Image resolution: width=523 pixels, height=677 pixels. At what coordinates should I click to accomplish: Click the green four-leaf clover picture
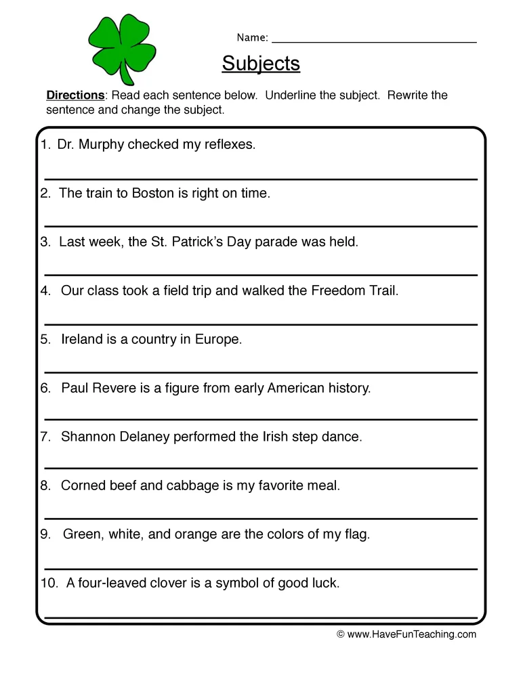point(122,49)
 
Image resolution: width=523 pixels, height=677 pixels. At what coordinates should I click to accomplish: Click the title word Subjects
point(261,63)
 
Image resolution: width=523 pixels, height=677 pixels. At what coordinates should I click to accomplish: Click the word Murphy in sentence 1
point(103,145)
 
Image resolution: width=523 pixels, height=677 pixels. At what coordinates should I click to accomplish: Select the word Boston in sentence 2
point(153,194)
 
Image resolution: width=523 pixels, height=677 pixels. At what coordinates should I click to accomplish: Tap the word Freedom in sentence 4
point(335,291)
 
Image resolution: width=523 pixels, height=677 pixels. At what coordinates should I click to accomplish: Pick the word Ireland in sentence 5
point(82,340)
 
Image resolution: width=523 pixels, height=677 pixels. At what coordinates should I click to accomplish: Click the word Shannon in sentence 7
point(87,437)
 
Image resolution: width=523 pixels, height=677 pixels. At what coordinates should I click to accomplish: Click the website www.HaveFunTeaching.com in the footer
point(411,634)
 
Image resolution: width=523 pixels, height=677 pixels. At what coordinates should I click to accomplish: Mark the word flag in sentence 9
point(356,535)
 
